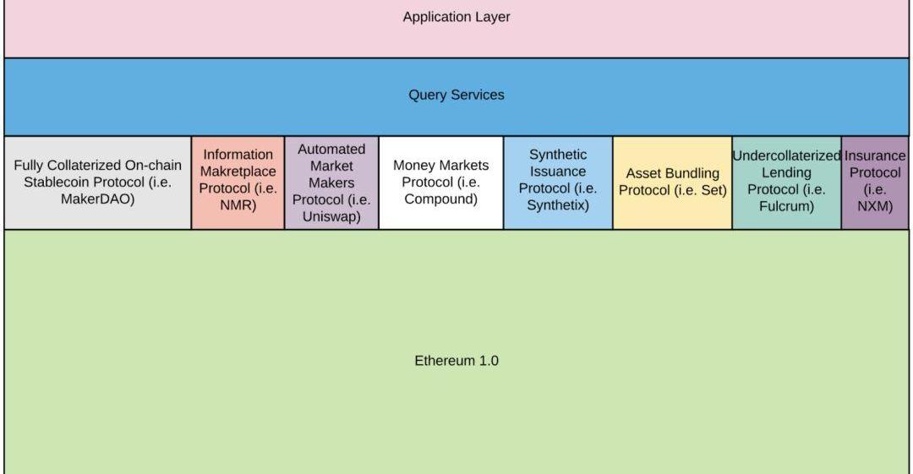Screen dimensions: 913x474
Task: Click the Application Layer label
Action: [456, 17]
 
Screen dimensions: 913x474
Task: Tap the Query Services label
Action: [456, 95]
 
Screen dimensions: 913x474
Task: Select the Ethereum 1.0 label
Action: [456, 361]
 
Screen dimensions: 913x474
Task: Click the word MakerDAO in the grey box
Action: [97, 199]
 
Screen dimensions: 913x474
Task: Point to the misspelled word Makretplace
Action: [238, 172]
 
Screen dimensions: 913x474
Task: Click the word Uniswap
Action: [331, 216]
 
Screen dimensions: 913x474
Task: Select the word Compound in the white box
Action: [440, 199]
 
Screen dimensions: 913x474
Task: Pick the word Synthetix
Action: [558, 205]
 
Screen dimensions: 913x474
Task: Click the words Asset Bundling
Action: [673, 173]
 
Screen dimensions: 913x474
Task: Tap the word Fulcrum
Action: [786, 206]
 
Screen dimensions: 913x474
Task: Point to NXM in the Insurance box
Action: [875, 206]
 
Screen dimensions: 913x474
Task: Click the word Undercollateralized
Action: [786, 155]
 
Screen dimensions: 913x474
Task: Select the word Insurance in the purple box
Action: [875, 155]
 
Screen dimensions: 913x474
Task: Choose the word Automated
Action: [331, 149]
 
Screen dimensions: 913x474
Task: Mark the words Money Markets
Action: [440, 166]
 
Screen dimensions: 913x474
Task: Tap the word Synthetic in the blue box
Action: [558, 155]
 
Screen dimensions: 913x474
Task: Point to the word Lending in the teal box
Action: [786, 172]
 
